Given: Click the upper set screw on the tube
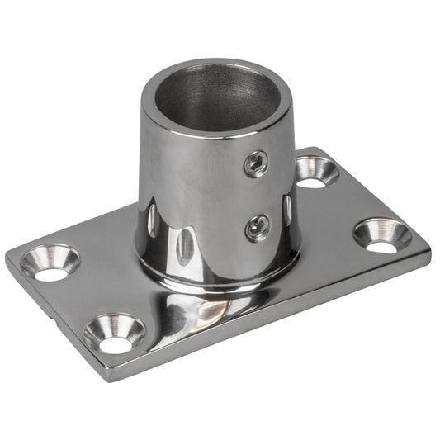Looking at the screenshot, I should (256, 163).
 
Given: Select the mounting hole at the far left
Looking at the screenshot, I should (50, 263).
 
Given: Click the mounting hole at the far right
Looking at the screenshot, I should (381, 234).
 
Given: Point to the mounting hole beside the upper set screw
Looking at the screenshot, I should (317, 172).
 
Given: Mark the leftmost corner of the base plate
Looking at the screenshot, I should (8, 263).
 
